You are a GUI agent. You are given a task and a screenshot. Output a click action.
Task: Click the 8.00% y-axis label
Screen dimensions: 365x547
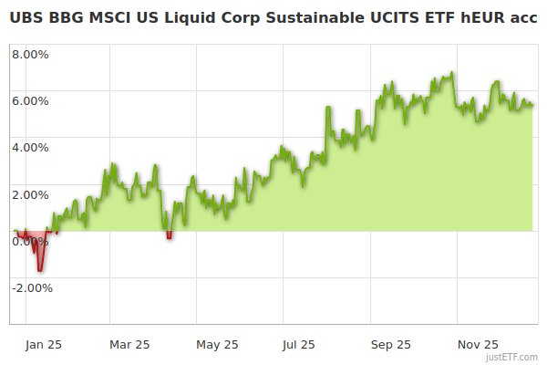pyautogui.click(x=31, y=54)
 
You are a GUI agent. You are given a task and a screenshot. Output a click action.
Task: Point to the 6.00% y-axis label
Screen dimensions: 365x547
pyautogui.click(x=31, y=100)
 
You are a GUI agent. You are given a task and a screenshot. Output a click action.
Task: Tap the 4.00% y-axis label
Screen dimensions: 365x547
pyautogui.click(x=31, y=147)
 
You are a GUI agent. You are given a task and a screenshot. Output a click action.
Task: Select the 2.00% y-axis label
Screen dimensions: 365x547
pyautogui.click(x=31, y=194)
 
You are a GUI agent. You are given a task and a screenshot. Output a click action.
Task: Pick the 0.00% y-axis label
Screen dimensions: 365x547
pyautogui.click(x=31, y=241)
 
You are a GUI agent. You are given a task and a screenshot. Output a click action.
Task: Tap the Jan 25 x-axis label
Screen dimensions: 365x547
pyautogui.click(x=43, y=344)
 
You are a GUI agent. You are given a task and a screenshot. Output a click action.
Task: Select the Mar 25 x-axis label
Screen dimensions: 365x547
pyautogui.click(x=129, y=344)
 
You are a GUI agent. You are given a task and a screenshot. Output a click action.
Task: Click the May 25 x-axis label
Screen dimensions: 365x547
pyautogui.click(x=217, y=344)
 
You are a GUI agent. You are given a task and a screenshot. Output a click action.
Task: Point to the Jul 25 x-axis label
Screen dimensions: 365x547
pyautogui.click(x=298, y=344)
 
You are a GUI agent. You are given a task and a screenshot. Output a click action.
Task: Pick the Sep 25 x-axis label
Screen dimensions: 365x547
pyautogui.click(x=391, y=344)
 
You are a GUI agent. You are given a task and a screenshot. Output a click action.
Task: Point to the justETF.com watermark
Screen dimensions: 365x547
pyautogui.click(x=511, y=358)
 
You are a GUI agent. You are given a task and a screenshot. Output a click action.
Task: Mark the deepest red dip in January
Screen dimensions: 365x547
pyautogui.click(x=40, y=268)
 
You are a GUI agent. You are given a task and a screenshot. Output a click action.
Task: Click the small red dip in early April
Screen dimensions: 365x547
pyautogui.click(x=170, y=236)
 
